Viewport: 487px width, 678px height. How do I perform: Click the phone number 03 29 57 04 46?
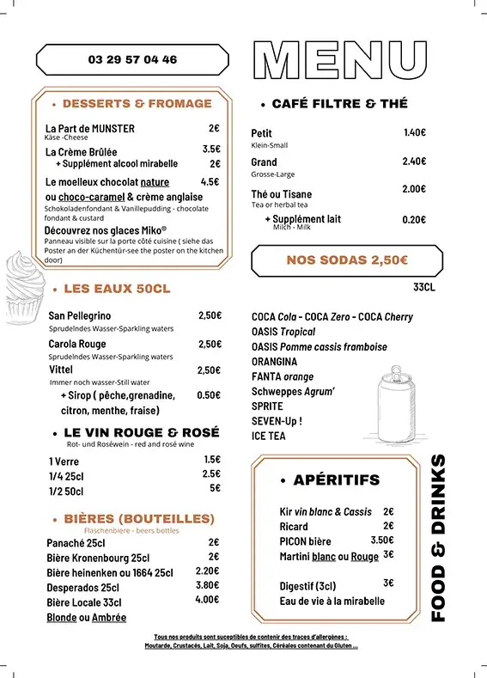[x=132, y=60]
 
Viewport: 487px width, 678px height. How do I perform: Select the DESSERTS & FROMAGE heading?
[x=137, y=104]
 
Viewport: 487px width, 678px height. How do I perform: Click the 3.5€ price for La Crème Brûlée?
[x=211, y=149]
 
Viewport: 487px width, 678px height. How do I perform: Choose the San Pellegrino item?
[x=80, y=315]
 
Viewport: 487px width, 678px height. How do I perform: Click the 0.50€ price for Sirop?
[x=209, y=395]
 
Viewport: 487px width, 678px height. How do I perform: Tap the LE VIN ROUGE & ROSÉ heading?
[x=142, y=432]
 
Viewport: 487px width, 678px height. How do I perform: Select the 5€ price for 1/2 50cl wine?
[x=215, y=488]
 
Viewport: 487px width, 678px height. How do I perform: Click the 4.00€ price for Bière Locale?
[x=207, y=600]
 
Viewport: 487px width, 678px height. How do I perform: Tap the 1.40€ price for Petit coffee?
[x=414, y=132]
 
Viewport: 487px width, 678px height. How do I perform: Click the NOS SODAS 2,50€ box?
[x=347, y=260]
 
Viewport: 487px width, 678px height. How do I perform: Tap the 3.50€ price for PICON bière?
[x=382, y=541]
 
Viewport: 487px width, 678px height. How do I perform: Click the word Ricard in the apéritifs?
[x=294, y=526]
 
